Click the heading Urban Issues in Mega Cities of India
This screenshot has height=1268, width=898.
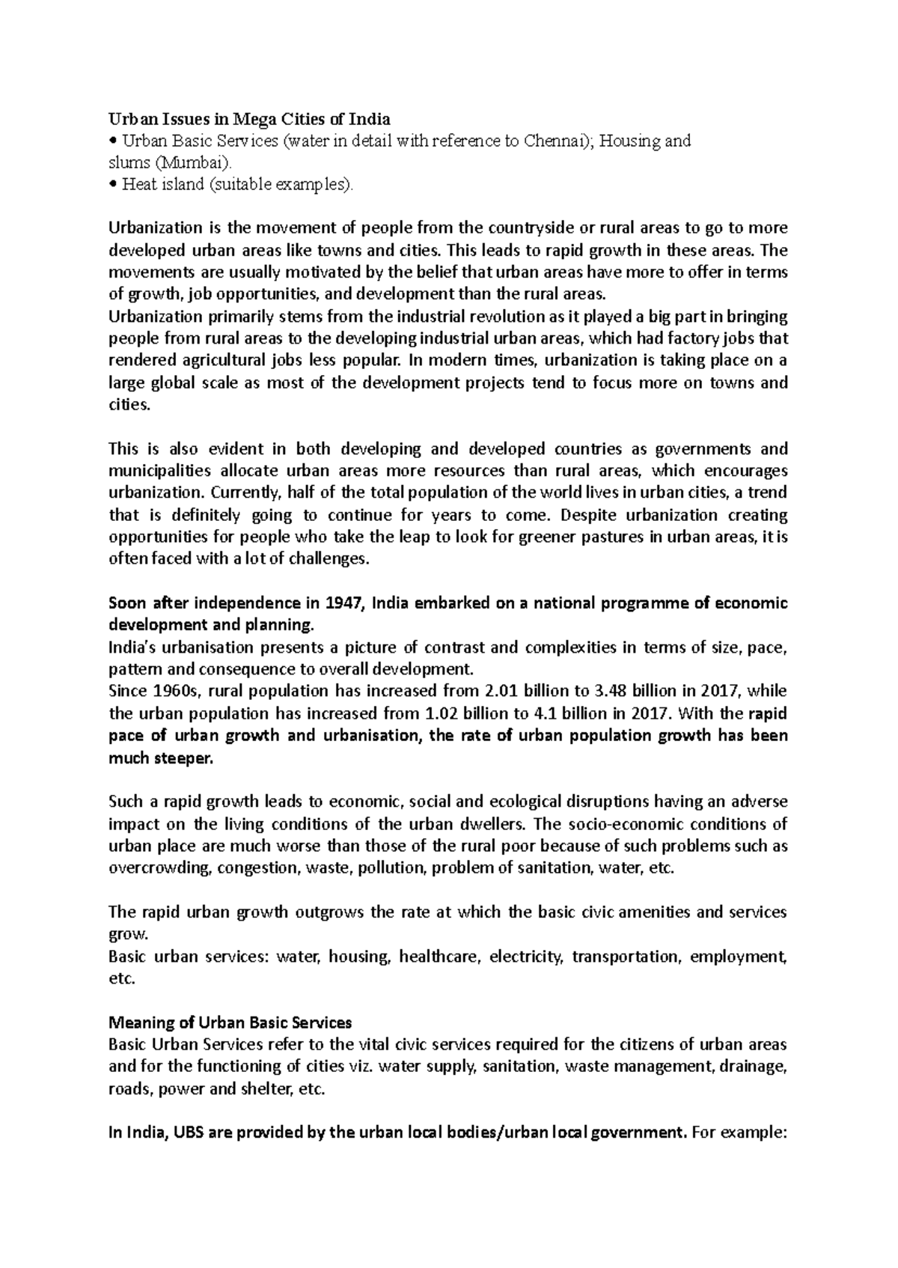pos(249,118)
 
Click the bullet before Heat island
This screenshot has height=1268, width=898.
pos(112,185)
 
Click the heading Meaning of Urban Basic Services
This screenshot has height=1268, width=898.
pos(230,1022)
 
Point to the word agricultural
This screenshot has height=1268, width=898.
pos(220,361)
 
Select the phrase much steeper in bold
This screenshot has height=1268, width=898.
pos(160,758)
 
